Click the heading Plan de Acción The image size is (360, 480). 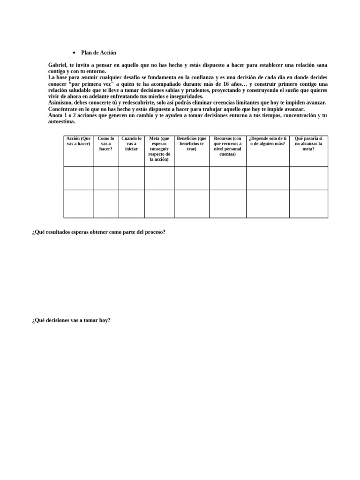click(98, 53)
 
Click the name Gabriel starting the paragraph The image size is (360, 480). click(58, 65)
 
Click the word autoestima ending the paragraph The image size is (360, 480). click(61, 121)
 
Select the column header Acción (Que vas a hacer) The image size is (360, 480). click(78, 141)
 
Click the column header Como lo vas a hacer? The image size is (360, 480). click(106, 143)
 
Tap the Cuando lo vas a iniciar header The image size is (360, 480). click(131, 143)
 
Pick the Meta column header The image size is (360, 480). click(159, 149)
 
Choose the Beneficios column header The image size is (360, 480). click(192, 143)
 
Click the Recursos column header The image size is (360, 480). click(227, 146)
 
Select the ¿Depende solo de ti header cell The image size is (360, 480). click(267, 141)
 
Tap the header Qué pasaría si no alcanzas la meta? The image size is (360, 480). click(308, 143)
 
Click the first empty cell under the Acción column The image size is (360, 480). click(78, 178)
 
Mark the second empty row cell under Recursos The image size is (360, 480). click(227, 203)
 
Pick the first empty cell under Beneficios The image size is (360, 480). click(192, 178)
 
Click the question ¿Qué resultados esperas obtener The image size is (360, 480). click(99, 232)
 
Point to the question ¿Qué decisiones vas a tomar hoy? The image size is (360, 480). click(71, 321)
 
